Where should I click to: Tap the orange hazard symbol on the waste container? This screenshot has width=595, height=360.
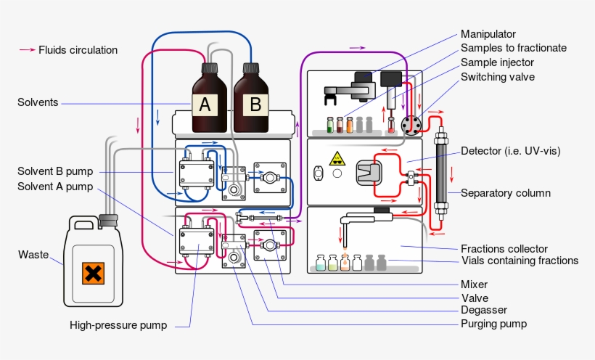click(93, 274)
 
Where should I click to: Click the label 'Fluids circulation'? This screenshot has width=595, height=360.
click(78, 50)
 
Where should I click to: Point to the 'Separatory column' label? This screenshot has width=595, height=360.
click(505, 193)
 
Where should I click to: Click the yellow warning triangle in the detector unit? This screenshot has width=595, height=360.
click(337, 159)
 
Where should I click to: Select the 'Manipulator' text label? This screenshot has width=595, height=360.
click(488, 34)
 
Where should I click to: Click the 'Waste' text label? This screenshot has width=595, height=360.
click(33, 255)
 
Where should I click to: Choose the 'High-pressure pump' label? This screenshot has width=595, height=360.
click(118, 325)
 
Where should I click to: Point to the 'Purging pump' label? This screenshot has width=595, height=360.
click(493, 324)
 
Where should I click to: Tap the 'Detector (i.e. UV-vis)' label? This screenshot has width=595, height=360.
click(511, 151)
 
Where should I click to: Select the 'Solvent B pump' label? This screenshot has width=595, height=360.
click(55, 171)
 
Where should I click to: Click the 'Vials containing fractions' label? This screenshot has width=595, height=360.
click(520, 261)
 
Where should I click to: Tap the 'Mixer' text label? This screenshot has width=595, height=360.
click(474, 285)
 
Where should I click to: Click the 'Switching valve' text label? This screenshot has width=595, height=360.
click(498, 76)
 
